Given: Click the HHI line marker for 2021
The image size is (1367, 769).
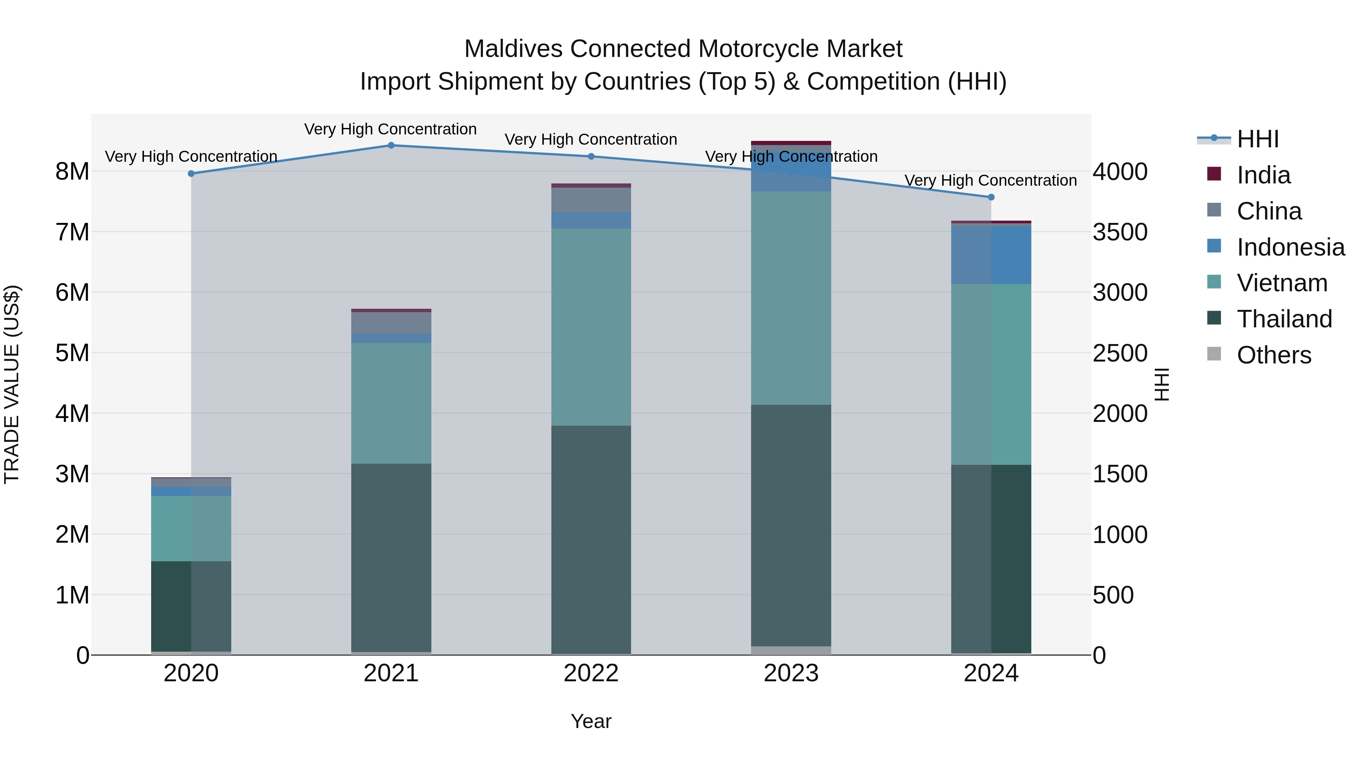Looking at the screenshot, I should pos(391,145).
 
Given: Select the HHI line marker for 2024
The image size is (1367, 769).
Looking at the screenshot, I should pos(991,197).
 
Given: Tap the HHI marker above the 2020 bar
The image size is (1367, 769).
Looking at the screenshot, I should pos(191,174).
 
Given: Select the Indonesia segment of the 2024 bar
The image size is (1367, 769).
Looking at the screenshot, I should pos(991,255).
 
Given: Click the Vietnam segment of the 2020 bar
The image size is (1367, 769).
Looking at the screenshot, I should pos(191,528).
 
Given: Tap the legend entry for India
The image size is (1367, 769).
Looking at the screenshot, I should pos(1263,175).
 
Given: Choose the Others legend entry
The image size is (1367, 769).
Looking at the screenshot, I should pos(1274,355).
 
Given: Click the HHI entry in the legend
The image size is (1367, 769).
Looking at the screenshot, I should pos(1257,139).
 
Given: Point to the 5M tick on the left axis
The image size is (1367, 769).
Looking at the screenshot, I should pos(72,353).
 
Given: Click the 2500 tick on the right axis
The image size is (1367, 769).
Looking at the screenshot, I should pos(1120,353).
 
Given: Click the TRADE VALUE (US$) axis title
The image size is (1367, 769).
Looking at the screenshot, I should pos(12,384).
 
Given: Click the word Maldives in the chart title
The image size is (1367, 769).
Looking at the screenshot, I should pos(513,49).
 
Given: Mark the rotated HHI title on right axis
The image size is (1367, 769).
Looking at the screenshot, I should pos(1161,384).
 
